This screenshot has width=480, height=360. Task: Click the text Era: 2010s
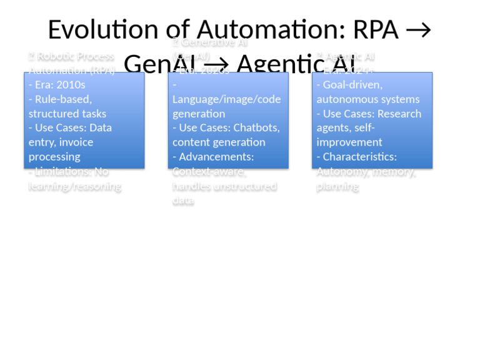click(x=57, y=84)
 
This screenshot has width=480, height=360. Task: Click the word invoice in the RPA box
click(x=76, y=142)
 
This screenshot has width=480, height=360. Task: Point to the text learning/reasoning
click(x=74, y=186)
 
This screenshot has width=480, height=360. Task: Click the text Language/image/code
click(x=226, y=99)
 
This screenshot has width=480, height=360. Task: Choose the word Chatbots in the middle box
click(x=256, y=127)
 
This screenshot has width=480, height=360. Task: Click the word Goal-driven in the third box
click(x=352, y=84)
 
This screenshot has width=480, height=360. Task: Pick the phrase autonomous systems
click(x=368, y=99)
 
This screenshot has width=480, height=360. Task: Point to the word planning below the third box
click(x=337, y=186)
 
